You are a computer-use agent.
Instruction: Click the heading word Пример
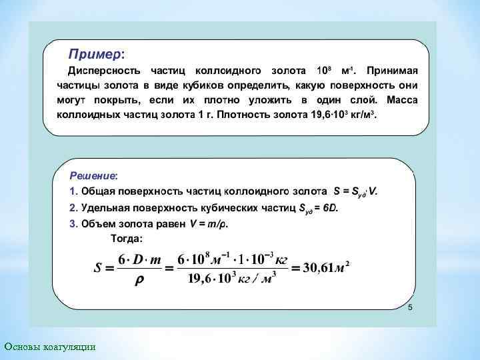tap(96, 53)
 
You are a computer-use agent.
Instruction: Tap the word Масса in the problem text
tap(401, 100)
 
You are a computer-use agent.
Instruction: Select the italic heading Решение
tap(93, 175)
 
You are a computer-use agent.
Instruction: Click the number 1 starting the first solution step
tap(73, 191)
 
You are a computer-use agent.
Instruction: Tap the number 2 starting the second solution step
tap(73, 208)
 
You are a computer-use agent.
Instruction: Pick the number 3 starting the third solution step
tap(73, 223)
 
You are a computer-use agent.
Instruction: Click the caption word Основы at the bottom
tap(23, 347)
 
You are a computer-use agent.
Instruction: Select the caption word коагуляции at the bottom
tap(71, 347)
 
